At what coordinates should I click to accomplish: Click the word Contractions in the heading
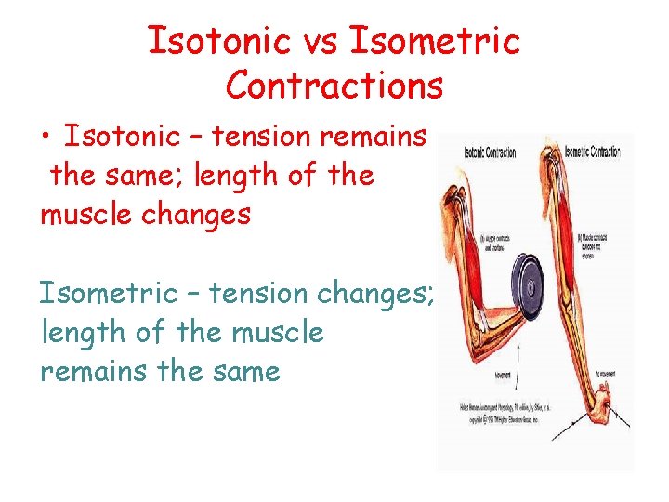(x=334, y=86)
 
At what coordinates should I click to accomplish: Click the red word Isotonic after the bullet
(x=120, y=137)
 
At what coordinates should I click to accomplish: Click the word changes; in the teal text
(x=371, y=293)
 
